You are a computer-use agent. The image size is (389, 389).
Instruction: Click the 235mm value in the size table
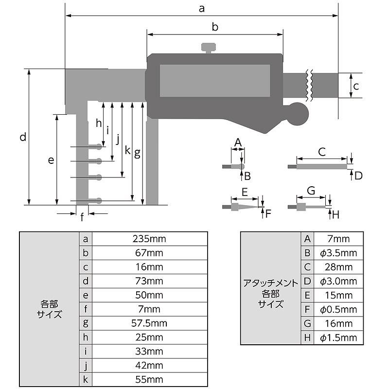[149, 239]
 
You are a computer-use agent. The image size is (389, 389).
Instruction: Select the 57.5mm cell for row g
[149, 323]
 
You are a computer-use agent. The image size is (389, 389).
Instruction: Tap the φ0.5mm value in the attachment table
[338, 309]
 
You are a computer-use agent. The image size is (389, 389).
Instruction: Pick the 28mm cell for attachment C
[338, 267]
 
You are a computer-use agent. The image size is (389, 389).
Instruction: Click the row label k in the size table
[86, 379]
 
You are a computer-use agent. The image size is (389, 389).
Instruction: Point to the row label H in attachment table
[307, 337]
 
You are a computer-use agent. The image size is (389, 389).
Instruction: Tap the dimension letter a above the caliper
[202, 9]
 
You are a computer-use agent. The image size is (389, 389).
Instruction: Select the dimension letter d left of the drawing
[23, 137]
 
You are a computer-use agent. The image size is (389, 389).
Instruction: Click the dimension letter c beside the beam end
[356, 87]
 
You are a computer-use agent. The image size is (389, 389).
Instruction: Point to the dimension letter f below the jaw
[82, 217]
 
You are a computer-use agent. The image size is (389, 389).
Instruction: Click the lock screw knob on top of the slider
[209, 48]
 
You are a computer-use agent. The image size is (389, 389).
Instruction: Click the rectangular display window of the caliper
[215, 81]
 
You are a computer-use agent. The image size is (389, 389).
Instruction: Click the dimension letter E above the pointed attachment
[245, 192]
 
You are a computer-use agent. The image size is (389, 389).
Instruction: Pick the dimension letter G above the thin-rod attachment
[311, 191]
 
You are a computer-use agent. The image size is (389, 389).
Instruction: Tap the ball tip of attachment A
[242, 166]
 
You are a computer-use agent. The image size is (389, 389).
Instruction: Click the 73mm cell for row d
[149, 281]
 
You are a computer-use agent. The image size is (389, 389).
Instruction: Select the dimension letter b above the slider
[215, 27]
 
